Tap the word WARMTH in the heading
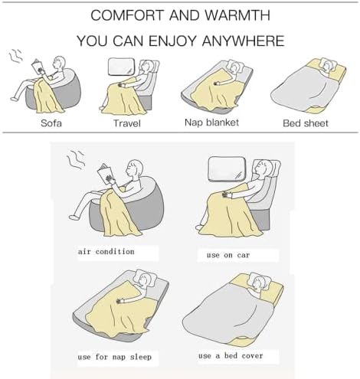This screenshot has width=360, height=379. pos(238,15)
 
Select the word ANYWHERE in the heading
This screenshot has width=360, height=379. pos(244,40)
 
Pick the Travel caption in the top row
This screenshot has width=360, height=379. pos(127,123)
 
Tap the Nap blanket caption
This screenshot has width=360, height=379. pos(212,122)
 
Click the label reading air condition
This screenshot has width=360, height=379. pos(106,251)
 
